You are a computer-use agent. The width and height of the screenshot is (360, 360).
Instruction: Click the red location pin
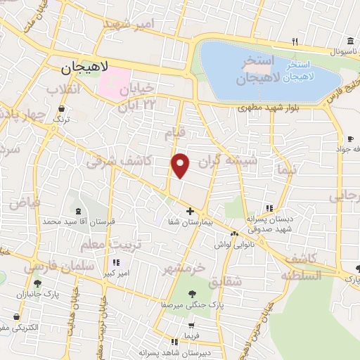coord(181,165)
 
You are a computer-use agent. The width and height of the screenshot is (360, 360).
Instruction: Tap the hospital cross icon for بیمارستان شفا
coord(190,211)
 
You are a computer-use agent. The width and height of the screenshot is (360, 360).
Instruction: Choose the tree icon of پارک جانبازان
coord(37,284)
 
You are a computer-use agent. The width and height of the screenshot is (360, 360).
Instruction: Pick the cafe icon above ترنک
coord(63,109)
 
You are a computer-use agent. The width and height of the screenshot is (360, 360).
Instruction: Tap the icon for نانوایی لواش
coord(234,234)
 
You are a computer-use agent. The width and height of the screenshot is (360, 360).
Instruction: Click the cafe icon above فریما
coord(188,326)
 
